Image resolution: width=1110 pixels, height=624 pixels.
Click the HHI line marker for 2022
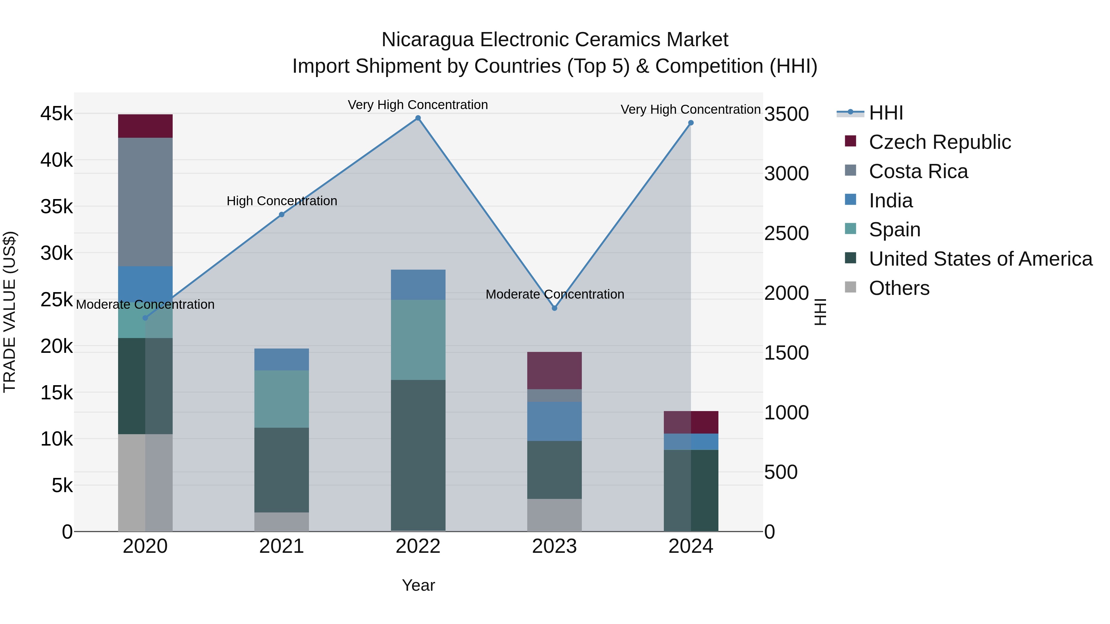[418, 118]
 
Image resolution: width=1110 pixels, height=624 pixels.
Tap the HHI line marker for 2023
[555, 308]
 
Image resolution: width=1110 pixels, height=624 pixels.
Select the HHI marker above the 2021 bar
[282, 214]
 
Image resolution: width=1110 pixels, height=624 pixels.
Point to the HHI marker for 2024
[691, 123]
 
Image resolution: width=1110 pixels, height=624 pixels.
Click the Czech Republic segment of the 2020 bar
[145, 126]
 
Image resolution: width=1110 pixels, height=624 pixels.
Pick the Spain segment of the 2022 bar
[418, 340]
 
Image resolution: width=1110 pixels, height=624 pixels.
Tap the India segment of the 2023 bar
[555, 421]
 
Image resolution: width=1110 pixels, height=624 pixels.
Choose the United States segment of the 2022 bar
[418, 455]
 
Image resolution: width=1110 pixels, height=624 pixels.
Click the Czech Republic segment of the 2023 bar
[555, 370]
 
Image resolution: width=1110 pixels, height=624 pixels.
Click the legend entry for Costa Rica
[918, 171]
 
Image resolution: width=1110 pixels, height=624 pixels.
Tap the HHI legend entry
[886, 113]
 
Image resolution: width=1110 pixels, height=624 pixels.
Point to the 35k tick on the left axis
[56, 207]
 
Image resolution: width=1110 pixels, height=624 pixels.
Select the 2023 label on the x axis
[555, 546]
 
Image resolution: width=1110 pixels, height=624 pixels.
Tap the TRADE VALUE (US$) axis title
[10, 312]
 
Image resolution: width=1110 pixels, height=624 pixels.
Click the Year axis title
[418, 585]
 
